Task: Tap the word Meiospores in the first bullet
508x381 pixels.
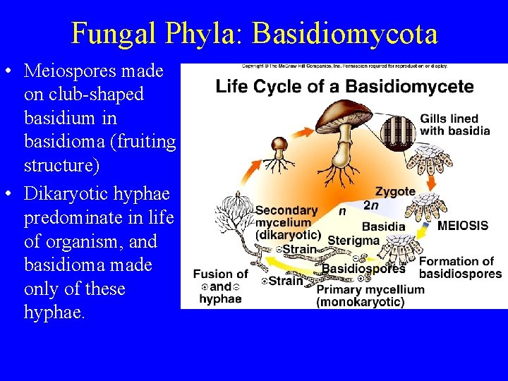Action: (x=93, y=71)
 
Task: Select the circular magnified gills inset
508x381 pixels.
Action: (x=399, y=131)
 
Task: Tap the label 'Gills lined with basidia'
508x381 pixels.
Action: (x=454, y=125)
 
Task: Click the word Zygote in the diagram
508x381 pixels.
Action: (x=395, y=192)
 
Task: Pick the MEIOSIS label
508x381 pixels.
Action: (x=462, y=226)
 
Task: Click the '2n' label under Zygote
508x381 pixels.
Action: (x=370, y=205)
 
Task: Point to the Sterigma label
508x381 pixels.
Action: (x=353, y=241)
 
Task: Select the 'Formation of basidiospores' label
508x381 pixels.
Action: (x=460, y=267)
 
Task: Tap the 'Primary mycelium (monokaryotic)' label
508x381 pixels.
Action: (x=370, y=296)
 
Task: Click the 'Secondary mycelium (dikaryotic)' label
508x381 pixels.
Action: (x=287, y=222)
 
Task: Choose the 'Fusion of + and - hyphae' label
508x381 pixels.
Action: (x=220, y=286)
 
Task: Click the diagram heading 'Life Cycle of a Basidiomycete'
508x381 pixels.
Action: (x=344, y=87)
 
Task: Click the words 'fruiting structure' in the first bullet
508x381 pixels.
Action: (x=99, y=154)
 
